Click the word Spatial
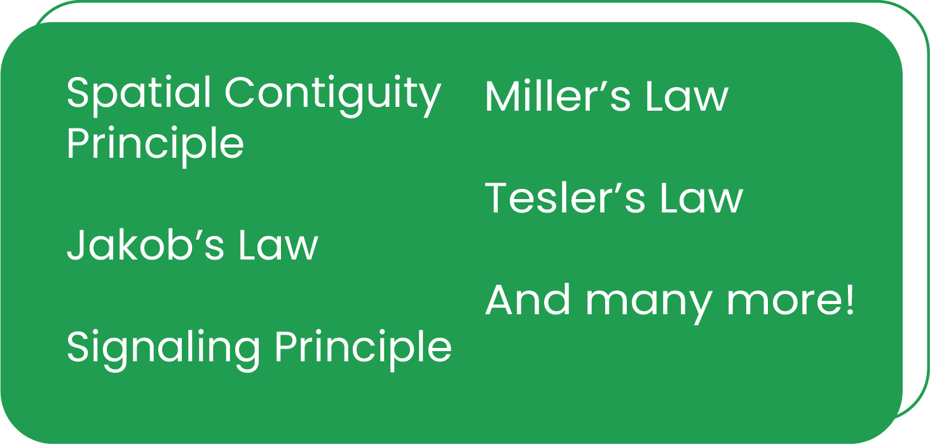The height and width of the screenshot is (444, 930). coord(139,93)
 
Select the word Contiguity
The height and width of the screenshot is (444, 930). coord(332,95)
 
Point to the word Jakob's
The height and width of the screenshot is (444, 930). coord(146,246)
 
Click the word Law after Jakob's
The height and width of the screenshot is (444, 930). coord(278,246)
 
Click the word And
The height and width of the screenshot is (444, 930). coord(528,300)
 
